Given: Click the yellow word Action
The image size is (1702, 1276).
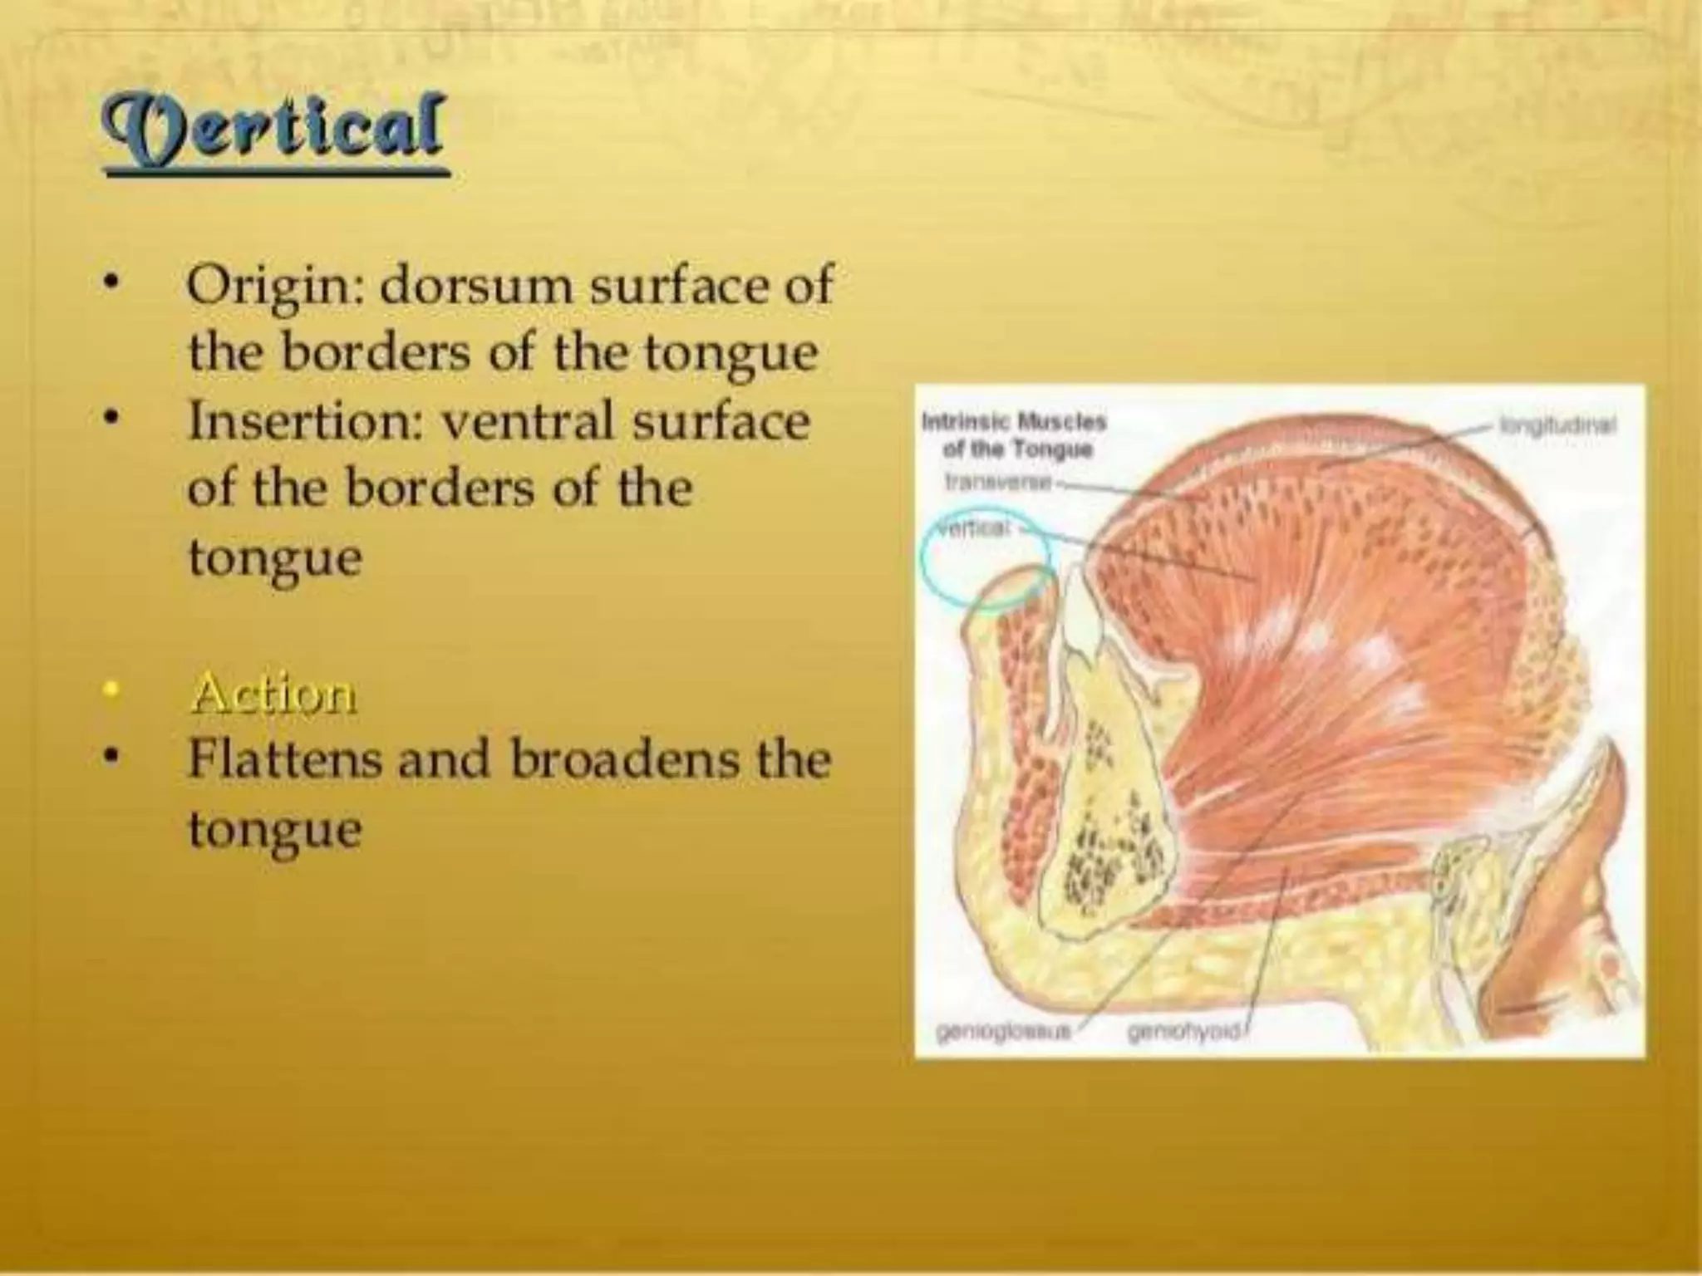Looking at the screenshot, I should pyautogui.click(x=273, y=694).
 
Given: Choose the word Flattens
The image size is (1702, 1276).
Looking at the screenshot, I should pyautogui.click(x=283, y=758).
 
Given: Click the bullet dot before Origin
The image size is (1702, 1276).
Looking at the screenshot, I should pyautogui.click(x=109, y=285).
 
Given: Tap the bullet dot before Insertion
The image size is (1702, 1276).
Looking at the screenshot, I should pyautogui.click(x=109, y=420).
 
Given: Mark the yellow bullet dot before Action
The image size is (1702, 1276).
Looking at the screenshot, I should pyautogui.click(x=109, y=692).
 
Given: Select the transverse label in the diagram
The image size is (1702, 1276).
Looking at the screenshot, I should pyautogui.click(x=998, y=482).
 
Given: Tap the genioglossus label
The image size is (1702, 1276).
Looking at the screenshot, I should pyautogui.click(x=1001, y=1032).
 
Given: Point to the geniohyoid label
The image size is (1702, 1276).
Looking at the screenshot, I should pyautogui.click(x=1184, y=1032).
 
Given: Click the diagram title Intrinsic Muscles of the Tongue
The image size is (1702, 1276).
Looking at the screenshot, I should pyautogui.click(x=1015, y=436).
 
